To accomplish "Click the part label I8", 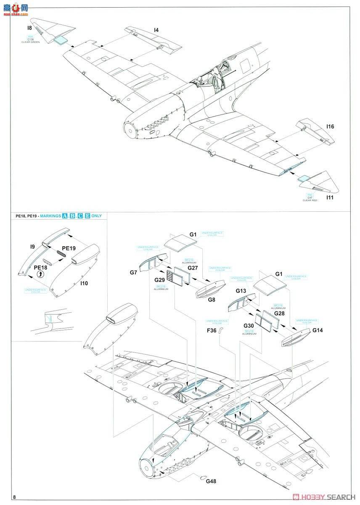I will coord(29,28).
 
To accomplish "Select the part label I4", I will coord(156,30).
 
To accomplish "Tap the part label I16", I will coord(330,126).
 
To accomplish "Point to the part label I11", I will coord(330,197).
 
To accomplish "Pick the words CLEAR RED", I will coord(310,200).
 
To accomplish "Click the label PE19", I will coord(69,248).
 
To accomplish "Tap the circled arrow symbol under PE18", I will coord(40,274).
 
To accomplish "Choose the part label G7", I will coord(133,273).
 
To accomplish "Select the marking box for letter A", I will coord(65,216).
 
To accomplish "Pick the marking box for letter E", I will coord(87,216).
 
